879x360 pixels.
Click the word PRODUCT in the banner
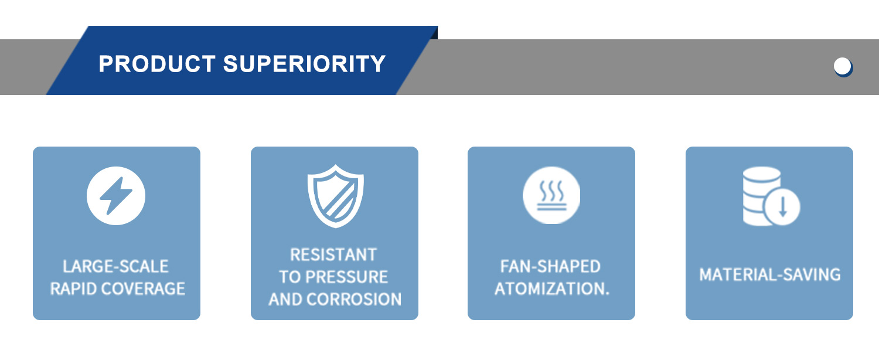(157, 63)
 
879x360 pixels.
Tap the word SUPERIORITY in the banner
(305, 63)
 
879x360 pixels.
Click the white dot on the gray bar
(843, 67)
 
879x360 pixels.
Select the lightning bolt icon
(116, 195)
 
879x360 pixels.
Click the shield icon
(336, 196)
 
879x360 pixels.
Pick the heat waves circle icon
(551, 195)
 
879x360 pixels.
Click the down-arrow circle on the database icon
(782, 206)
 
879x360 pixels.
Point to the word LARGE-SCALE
(116, 267)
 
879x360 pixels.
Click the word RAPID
(74, 289)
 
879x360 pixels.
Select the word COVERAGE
(144, 289)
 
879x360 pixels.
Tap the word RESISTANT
(333, 255)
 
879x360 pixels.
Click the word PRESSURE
(347, 277)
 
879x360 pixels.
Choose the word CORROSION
(354, 300)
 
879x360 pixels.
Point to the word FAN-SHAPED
(551, 267)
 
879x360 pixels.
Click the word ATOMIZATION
(549, 289)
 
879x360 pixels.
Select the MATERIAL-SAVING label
(770, 275)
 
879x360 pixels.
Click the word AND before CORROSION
(286, 300)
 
